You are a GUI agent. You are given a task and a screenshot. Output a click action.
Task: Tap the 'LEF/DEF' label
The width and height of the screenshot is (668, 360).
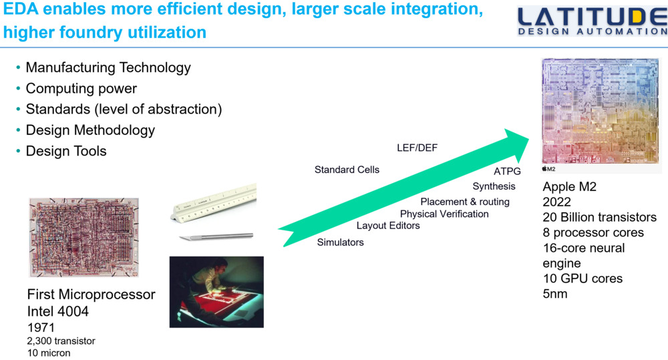click(x=417, y=148)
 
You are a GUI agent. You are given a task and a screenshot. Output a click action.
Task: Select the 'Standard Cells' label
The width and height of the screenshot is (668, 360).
click(x=347, y=170)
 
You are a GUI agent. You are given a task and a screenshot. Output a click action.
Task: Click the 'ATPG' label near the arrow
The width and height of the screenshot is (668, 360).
click(x=507, y=172)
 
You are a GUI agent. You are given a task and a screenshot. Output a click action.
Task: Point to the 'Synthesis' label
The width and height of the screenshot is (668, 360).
click(x=494, y=186)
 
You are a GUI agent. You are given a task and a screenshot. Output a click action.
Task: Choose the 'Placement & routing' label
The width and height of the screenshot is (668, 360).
click(x=464, y=202)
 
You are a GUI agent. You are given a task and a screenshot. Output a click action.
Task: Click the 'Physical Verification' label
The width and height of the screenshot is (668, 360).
click(x=444, y=214)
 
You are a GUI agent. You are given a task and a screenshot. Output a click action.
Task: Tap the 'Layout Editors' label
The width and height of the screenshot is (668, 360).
click(x=388, y=226)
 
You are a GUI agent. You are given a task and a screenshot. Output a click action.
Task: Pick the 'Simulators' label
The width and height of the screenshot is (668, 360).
click(x=340, y=242)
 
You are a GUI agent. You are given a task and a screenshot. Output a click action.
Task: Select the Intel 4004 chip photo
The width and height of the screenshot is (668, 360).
click(x=84, y=237)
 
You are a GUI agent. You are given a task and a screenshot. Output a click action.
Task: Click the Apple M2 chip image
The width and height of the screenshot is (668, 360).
click(x=601, y=111)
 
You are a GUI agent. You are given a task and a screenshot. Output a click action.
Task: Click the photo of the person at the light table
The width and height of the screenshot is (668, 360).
click(x=216, y=291)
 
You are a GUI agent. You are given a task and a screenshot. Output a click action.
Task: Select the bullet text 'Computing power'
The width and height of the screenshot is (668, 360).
click(x=81, y=89)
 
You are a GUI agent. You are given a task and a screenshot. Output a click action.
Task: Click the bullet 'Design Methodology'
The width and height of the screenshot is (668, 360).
click(x=90, y=130)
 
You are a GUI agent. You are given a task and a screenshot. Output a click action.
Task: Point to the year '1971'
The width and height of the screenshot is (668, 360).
click(x=41, y=328)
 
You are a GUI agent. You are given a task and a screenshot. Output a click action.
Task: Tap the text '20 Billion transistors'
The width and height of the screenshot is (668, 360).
click(x=599, y=218)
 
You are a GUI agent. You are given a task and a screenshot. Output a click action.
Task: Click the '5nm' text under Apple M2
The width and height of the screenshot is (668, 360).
click(x=554, y=293)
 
